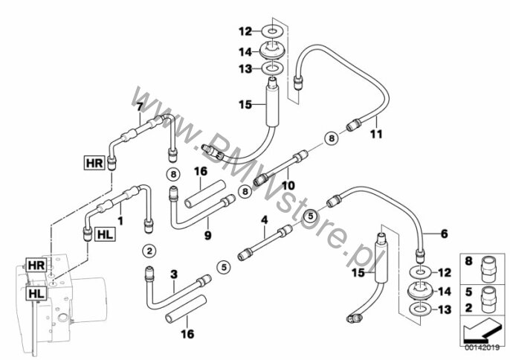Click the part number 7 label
pyautogui.click(x=139, y=107)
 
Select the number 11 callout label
pyautogui.click(x=376, y=134)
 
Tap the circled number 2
pyautogui.click(x=149, y=251)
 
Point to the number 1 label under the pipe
pyautogui.click(x=120, y=221)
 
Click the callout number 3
pyautogui.click(x=174, y=274)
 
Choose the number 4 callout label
pyautogui.click(x=265, y=220)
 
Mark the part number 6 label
pyautogui.click(x=444, y=234)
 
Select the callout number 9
pyautogui.click(x=207, y=235)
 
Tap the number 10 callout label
pyautogui.click(x=288, y=185)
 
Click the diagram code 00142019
pyautogui.click(x=482, y=348)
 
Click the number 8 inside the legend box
pyautogui.click(x=468, y=261)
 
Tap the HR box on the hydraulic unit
pyautogui.click(x=36, y=265)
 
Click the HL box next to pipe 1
pyautogui.click(x=105, y=234)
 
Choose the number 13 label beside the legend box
pyautogui.click(x=445, y=310)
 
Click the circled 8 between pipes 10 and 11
pyautogui.click(x=332, y=138)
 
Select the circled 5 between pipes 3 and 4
pyautogui.click(x=224, y=267)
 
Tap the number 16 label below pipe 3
pyautogui.click(x=187, y=334)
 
